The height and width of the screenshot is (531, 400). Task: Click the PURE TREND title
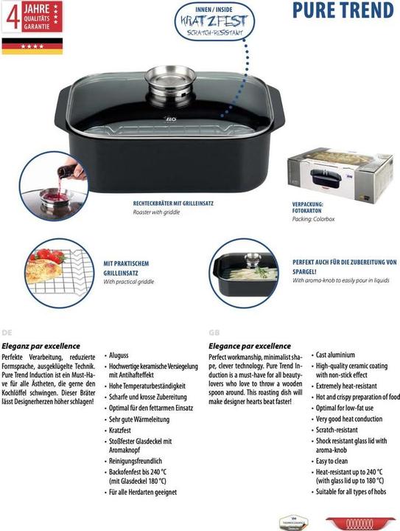tap(343, 12)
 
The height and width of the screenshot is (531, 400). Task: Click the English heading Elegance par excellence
tap(250, 345)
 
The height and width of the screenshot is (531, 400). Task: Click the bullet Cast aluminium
tap(335, 355)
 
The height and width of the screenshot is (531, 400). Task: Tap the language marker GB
tap(214, 333)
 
